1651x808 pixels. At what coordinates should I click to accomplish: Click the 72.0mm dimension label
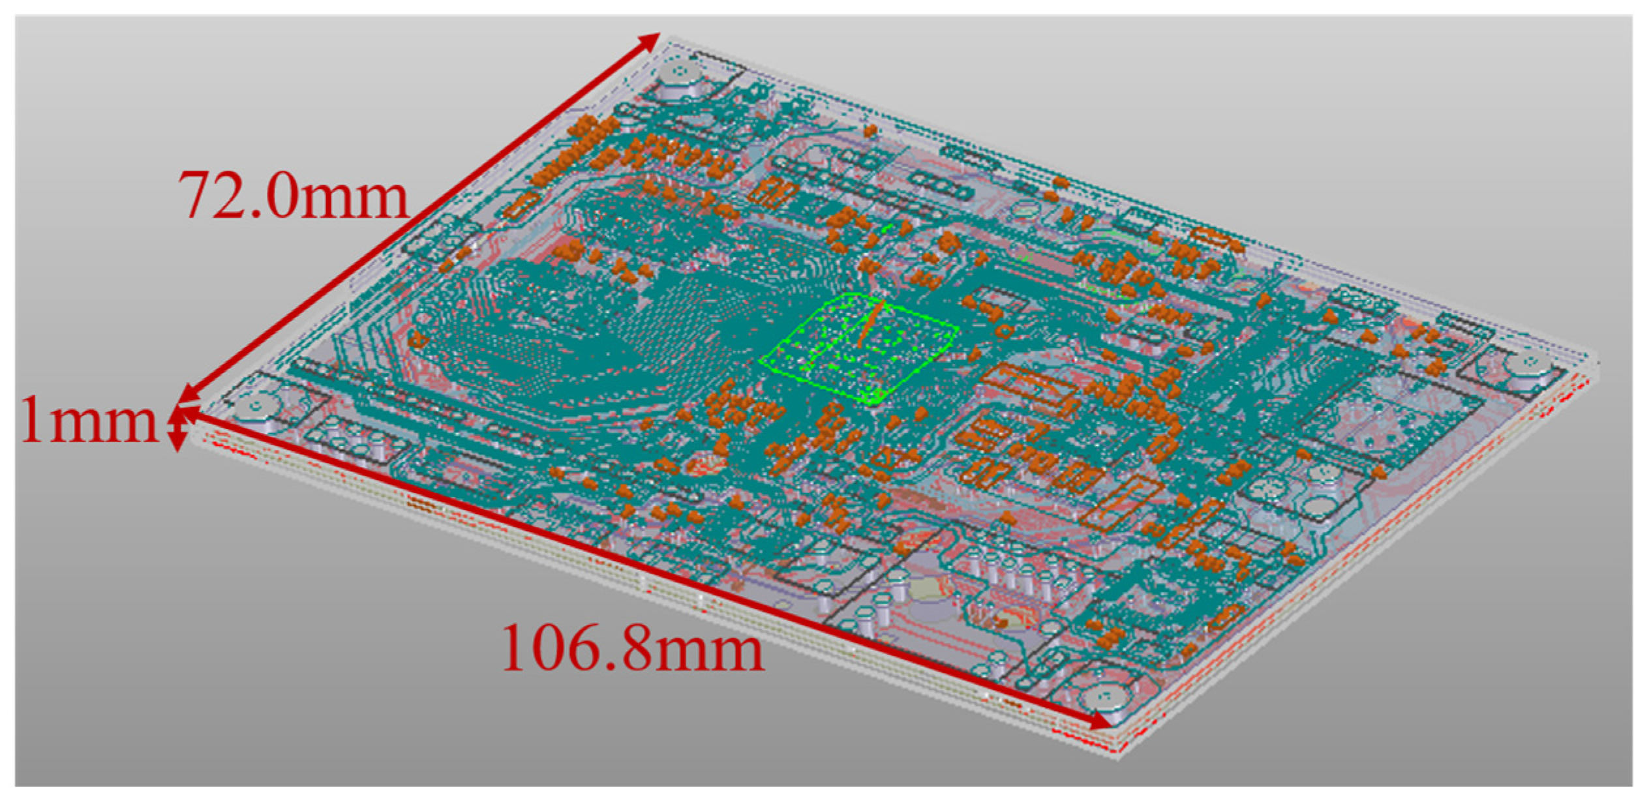click(x=294, y=195)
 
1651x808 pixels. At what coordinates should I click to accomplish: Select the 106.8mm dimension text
click(x=633, y=647)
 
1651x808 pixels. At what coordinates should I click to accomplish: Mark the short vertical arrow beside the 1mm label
click(x=176, y=428)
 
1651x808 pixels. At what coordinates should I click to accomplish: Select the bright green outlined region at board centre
click(x=858, y=348)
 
